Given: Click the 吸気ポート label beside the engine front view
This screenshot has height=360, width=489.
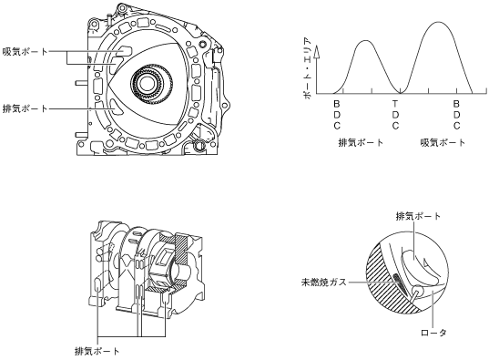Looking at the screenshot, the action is click(x=25, y=52).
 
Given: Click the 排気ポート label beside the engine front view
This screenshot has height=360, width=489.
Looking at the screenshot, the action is click(x=25, y=108).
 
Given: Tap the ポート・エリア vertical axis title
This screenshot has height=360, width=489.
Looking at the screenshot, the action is click(x=307, y=68).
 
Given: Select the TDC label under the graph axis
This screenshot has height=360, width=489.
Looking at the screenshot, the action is click(x=395, y=115).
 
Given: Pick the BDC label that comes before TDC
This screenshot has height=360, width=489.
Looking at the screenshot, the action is click(x=337, y=115).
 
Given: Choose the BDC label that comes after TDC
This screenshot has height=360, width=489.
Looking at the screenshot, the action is click(x=456, y=115).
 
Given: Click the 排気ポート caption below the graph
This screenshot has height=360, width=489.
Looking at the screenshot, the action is click(x=361, y=143).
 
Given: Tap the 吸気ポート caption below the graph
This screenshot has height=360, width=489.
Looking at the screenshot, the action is click(x=443, y=143).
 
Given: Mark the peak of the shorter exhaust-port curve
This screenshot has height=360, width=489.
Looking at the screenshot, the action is click(x=365, y=41).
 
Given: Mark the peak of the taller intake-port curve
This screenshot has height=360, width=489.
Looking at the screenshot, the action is click(x=438, y=22).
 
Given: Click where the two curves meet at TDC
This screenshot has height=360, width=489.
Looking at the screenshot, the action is click(x=401, y=93).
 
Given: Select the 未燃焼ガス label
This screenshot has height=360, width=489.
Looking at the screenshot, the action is click(x=323, y=282).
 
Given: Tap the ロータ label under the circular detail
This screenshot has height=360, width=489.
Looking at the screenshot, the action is click(x=433, y=333).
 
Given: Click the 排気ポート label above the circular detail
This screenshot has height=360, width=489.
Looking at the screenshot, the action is click(x=418, y=216).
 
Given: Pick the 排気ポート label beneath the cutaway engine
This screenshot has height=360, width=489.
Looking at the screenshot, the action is click(x=97, y=351).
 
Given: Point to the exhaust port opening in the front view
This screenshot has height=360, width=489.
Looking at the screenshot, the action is click(x=115, y=107).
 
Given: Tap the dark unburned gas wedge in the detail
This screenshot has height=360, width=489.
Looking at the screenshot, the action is click(x=400, y=283).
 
